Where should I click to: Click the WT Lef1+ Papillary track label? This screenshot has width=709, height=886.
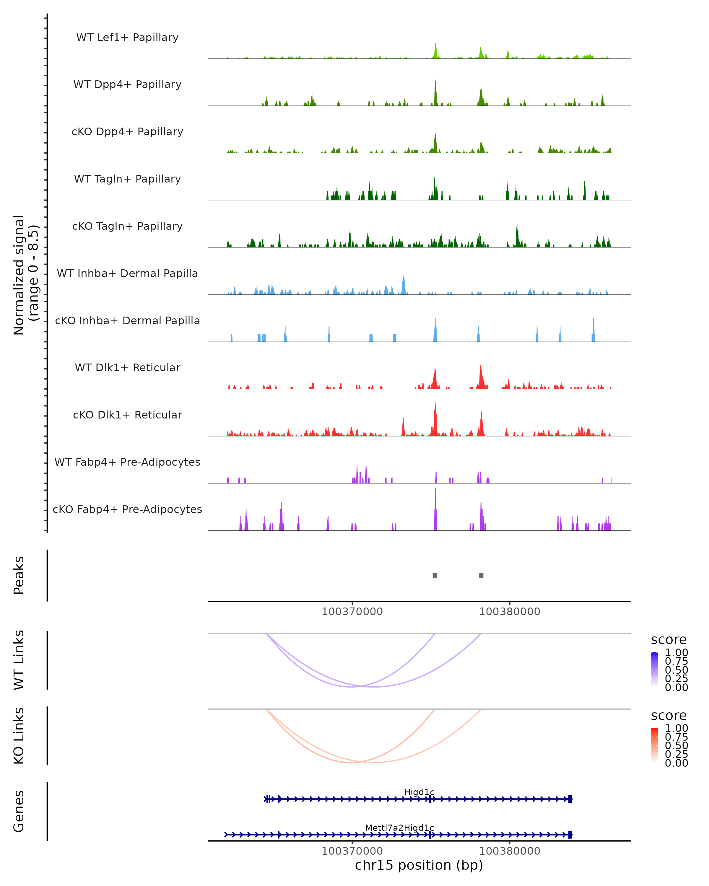127,38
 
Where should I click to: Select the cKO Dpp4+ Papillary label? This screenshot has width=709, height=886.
127,132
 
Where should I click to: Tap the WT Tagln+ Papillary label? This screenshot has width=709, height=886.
127,179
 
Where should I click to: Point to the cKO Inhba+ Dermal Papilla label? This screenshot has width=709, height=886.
127,321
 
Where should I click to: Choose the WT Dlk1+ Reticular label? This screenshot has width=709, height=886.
127,368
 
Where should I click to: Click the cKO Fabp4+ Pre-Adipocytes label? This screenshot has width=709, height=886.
127,509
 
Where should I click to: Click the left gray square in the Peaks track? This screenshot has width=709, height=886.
435,576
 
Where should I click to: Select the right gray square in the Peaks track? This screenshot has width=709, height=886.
481,576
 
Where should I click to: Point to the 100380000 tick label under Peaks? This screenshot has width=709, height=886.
510,612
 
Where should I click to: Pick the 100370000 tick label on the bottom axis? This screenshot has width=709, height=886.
352,851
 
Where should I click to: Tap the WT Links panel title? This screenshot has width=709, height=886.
19,660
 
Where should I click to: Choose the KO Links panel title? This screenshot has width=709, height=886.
19,736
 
